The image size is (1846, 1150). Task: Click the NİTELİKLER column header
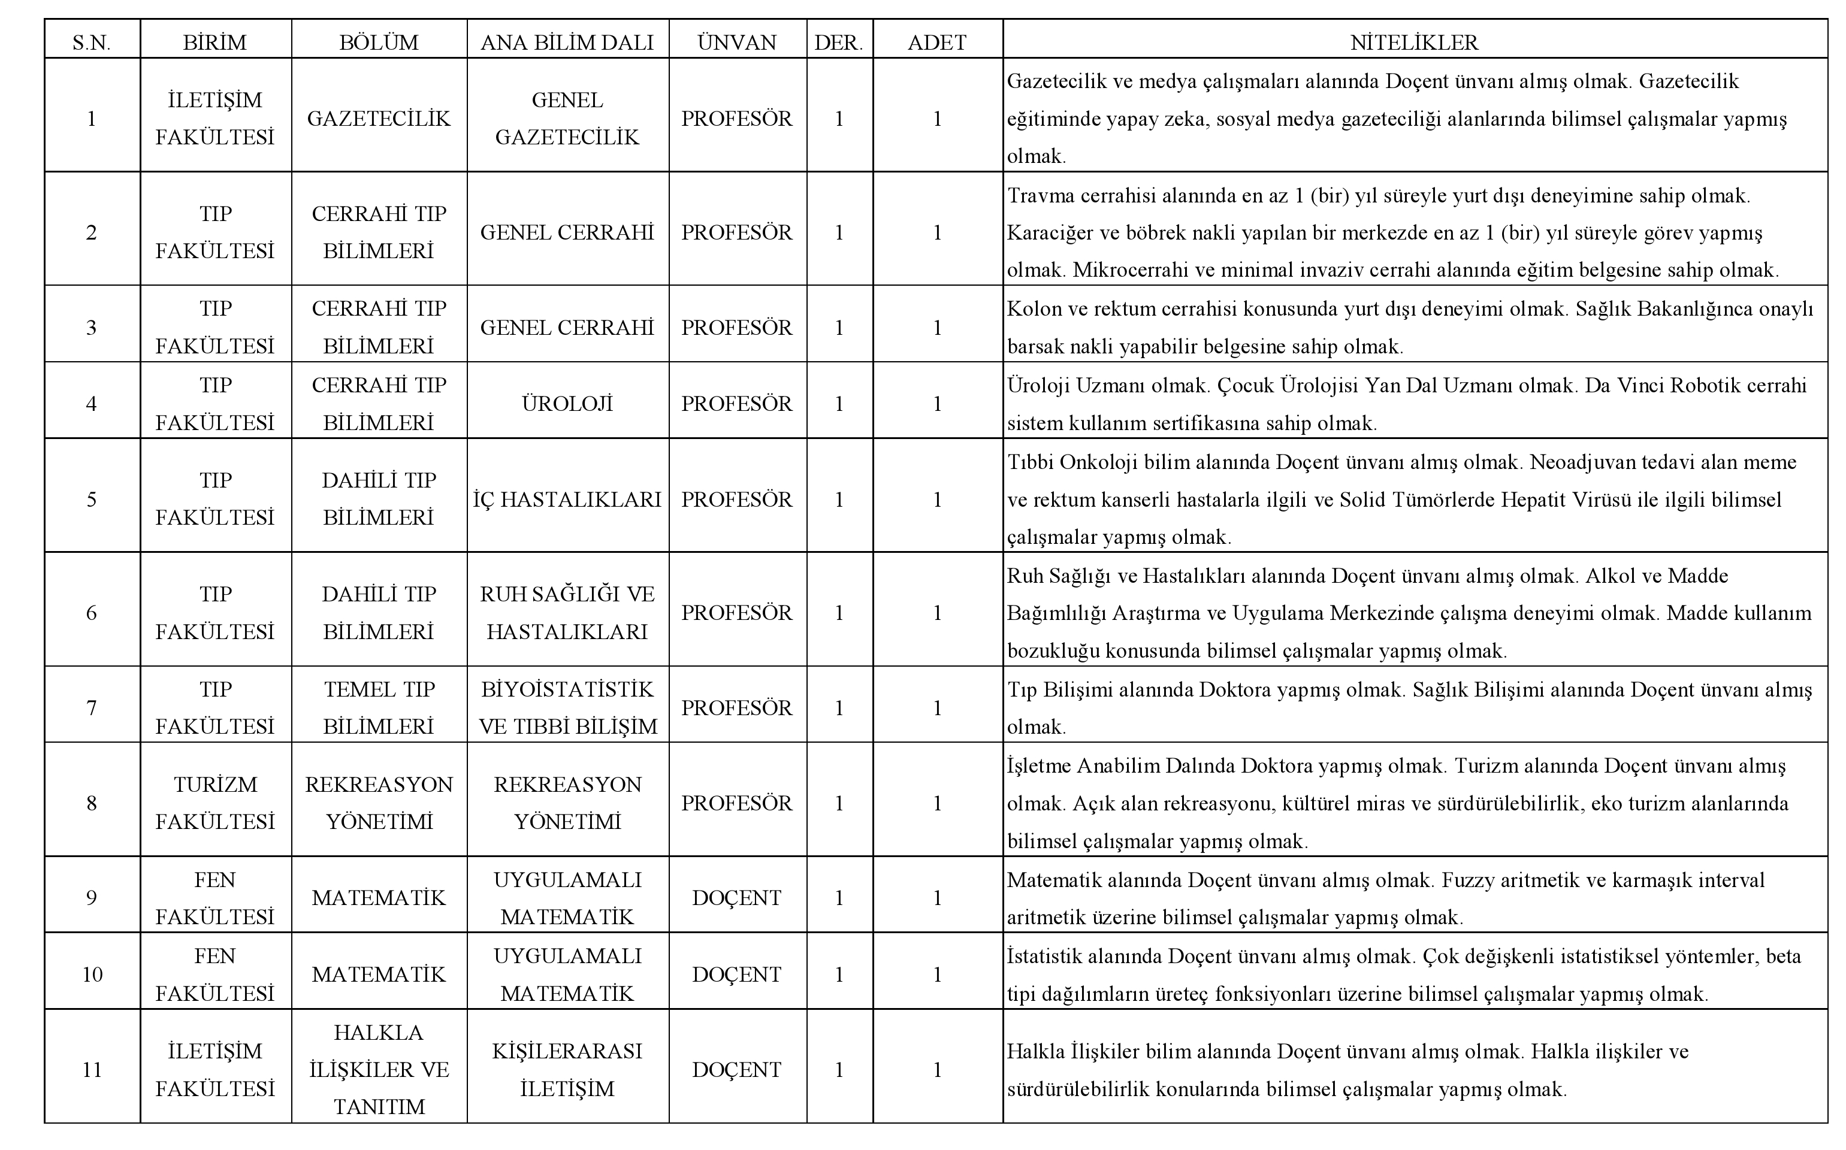1414,43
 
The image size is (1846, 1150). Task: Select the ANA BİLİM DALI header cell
567,43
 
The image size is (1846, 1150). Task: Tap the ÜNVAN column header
736,43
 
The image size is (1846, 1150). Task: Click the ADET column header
936,43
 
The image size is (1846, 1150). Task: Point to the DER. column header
838,43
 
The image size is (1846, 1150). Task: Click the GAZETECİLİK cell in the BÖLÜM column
379,119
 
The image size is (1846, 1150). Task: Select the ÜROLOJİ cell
567,404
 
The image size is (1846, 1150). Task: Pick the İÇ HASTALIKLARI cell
567,500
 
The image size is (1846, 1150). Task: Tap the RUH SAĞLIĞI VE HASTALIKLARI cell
567,613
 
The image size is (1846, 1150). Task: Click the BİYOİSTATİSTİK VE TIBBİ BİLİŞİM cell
567,708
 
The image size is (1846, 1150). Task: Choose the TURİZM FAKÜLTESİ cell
215,803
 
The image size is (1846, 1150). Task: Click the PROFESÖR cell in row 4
736,404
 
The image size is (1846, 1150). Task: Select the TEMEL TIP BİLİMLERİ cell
379,708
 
